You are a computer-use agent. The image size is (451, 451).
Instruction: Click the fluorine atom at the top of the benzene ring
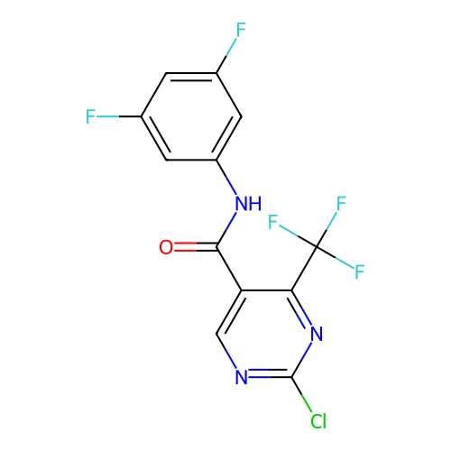click(x=241, y=30)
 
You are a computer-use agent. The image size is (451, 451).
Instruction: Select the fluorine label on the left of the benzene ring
click(x=90, y=116)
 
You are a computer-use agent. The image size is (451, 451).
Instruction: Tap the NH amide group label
click(x=248, y=204)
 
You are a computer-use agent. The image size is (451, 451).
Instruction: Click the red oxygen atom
click(x=166, y=247)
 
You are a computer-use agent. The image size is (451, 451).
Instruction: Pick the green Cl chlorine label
click(x=318, y=420)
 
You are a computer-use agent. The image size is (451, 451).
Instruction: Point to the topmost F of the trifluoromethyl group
click(x=341, y=204)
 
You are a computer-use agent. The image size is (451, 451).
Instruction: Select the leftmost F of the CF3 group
click(x=273, y=222)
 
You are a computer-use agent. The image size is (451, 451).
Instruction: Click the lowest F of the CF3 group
click(x=360, y=272)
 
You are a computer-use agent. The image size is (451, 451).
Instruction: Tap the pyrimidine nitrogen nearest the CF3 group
click(x=317, y=334)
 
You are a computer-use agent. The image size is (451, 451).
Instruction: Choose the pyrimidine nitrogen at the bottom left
click(x=242, y=377)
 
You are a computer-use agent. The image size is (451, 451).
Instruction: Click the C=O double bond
click(x=196, y=247)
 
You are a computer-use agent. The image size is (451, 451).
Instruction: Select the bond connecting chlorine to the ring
click(x=301, y=394)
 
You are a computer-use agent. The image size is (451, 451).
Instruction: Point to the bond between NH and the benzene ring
click(x=226, y=177)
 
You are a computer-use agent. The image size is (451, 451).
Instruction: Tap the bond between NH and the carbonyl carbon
click(x=226, y=229)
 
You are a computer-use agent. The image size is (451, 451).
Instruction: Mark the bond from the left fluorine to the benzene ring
click(x=119, y=116)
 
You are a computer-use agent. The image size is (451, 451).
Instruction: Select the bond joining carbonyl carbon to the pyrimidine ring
click(x=229, y=269)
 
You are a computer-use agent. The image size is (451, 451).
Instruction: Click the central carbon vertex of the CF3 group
click(x=317, y=247)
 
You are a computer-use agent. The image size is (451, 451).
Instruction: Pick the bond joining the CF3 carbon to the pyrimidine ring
click(x=304, y=269)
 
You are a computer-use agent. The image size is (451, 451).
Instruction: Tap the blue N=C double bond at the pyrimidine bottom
click(x=270, y=373)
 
